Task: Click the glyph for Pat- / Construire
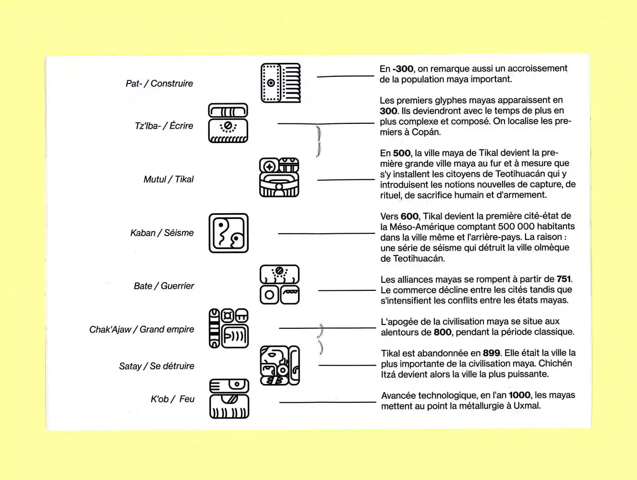[280, 83]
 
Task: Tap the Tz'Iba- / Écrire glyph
[228, 123]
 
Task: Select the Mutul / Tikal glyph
[279, 178]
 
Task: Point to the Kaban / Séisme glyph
[228, 233]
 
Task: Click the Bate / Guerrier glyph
[279, 285]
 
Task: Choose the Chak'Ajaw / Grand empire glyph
[228, 328]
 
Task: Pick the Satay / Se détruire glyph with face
[279, 365]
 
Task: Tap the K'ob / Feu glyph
[229, 399]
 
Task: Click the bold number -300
[403, 69]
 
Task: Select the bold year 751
[564, 279]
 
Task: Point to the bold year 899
[491, 353]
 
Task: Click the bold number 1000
[519, 395]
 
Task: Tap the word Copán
[425, 132]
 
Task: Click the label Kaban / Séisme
[162, 233]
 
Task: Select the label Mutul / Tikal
[168, 179]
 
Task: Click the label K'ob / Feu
[172, 399]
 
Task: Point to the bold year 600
[409, 216]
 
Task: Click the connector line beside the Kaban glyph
[326, 233]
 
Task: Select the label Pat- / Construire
[159, 84]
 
